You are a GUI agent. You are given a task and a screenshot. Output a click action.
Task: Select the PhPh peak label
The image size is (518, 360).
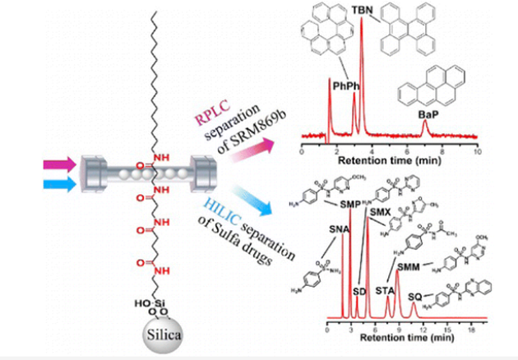click(344, 84)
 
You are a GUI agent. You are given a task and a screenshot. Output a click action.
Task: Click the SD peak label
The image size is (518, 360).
click(358, 291)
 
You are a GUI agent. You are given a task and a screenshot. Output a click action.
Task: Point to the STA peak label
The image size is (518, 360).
click(385, 289)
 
